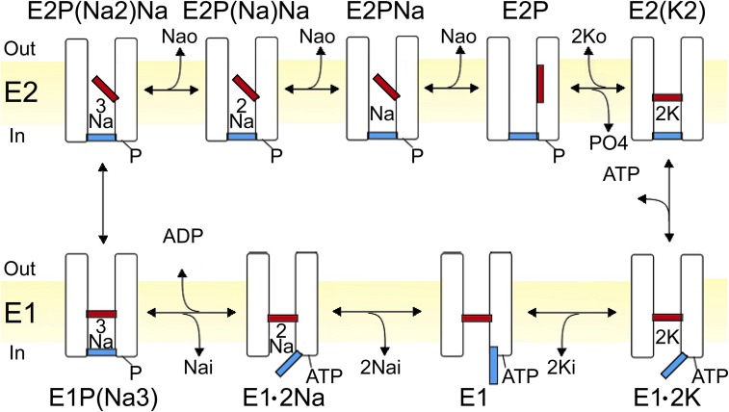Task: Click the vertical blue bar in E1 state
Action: (x=493, y=366)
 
